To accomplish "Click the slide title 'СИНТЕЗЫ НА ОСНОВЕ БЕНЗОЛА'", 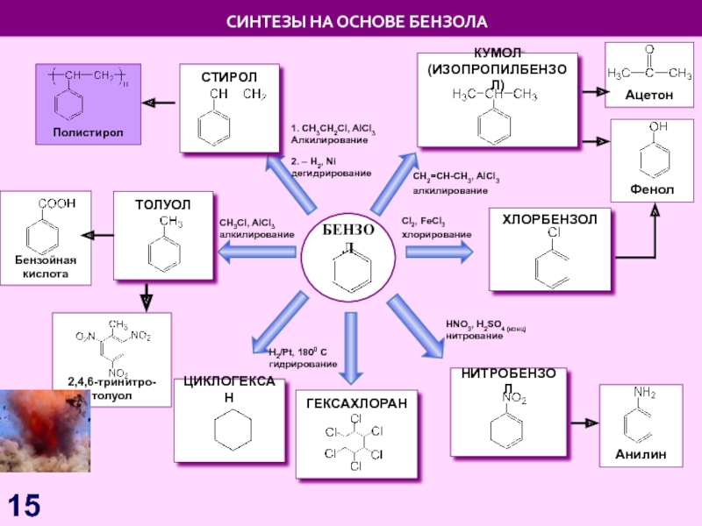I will tap(351, 19).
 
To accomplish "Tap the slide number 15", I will tap(25, 504).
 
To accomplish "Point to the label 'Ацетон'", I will tap(648, 94).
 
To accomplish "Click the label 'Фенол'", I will tap(651, 189).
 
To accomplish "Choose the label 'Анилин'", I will tap(641, 455).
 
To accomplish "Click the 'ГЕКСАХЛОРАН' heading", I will tap(356, 403).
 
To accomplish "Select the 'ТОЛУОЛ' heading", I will tap(162, 204).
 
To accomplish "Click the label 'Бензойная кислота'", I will tap(46, 267).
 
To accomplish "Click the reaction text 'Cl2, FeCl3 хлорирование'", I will tap(436, 229).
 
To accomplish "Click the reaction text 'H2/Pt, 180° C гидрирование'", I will tap(302, 358).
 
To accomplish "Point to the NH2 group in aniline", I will tap(645, 394).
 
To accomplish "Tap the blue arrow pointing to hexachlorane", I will tap(351, 338).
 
